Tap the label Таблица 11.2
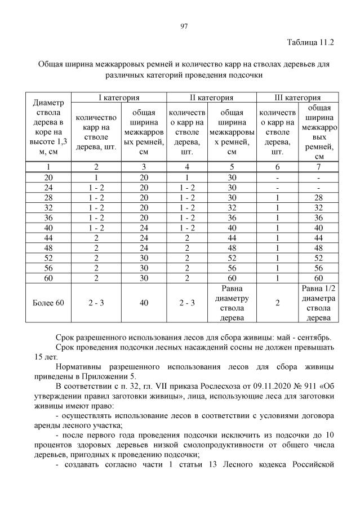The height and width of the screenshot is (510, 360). [310, 43]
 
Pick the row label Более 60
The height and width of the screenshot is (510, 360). [48, 303]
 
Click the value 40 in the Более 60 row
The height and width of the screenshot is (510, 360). [144, 303]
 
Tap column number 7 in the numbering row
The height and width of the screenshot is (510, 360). [319, 166]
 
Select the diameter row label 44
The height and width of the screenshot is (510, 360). [48, 237]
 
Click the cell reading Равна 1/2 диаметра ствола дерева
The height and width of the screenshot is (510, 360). [319, 303]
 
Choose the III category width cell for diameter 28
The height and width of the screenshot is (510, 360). [319, 197]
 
